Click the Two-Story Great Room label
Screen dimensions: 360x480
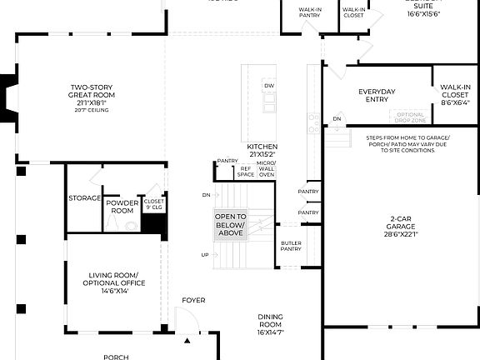pos(92,91)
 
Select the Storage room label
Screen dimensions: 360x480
pos(85,198)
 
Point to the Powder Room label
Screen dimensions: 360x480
pos(122,207)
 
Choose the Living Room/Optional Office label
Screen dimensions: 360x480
pos(117,279)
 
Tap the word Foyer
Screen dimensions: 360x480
pos(194,300)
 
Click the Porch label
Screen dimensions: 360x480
pos(116,357)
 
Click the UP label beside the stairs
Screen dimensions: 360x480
pos(205,255)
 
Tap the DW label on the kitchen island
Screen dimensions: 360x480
pos(268,86)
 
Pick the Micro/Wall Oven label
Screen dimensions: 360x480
pos(267,168)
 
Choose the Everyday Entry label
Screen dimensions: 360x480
pos(377,96)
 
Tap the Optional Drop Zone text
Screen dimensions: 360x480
pos(410,117)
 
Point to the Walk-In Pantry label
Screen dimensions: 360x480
pos(311,12)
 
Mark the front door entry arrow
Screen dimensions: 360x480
pos(187,341)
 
